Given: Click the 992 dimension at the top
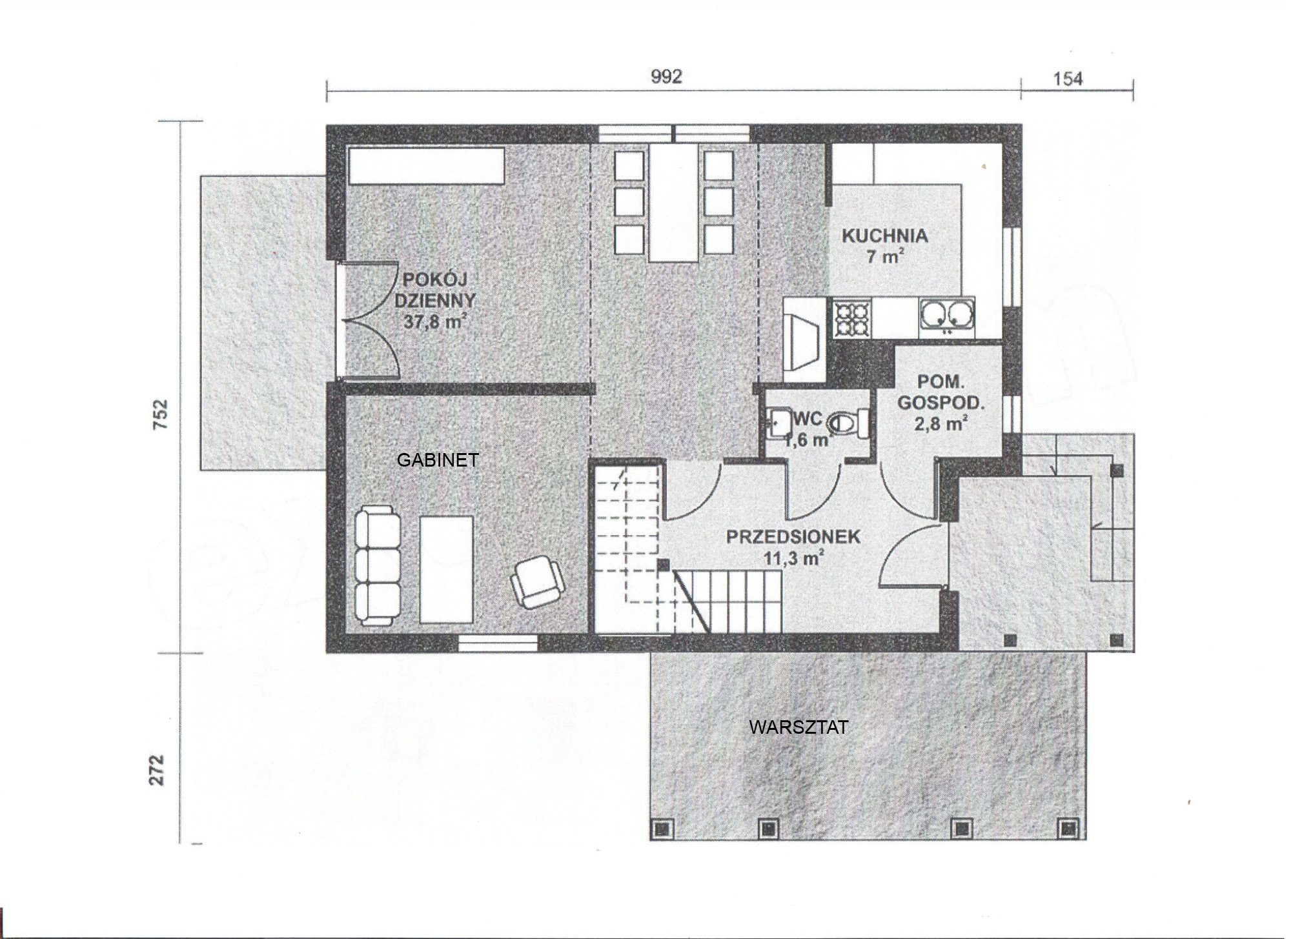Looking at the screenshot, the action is pyautogui.click(x=667, y=77).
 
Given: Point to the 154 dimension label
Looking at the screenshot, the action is pyautogui.click(x=1068, y=79).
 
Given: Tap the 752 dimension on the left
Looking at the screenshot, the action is pyautogui.click(x=160, y=414).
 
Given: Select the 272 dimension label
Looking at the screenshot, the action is pyautogui.click(x=158, y=769).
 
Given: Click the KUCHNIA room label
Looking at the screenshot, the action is pyautogui.click(x=884, y=236).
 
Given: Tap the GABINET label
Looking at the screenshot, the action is pyautogui.click(x=438, y=460).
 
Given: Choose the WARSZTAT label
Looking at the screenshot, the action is pyautogui.click(x=798, y=727).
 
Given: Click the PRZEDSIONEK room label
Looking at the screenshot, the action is pyautogui.click(x=793, y=537).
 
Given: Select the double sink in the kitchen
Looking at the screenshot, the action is pyautogui.click(x=947, y=316).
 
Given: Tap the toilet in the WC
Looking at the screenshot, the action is pyautogui.click(x=848, y=423).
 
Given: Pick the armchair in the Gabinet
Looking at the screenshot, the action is pyautogui.click(x=537, y=582).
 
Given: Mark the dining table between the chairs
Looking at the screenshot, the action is pyautogui.click(x=675, y=203).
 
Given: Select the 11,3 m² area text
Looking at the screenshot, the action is pyautogui.click(x=793, y=558).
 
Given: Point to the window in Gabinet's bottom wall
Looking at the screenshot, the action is pyautogui.click(x=498, y=643).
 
